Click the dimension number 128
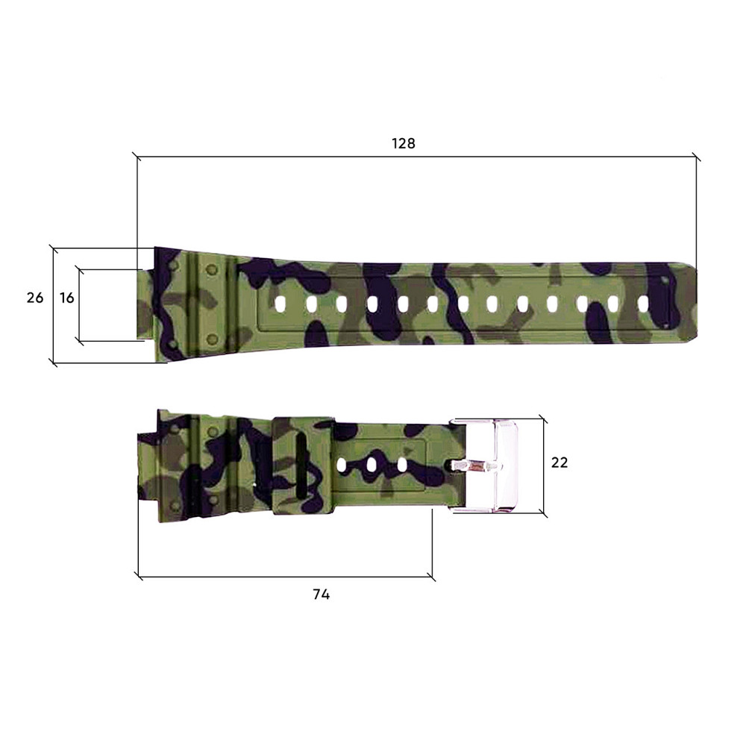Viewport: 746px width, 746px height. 404,143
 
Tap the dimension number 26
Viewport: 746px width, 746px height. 35,298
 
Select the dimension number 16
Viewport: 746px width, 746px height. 67,298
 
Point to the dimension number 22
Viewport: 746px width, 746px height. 559,463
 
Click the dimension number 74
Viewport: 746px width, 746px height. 321,595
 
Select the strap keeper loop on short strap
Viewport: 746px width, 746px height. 302,466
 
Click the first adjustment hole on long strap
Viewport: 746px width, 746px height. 280,304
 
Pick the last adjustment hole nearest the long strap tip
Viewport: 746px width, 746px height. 643,304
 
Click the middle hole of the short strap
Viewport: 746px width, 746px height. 371,465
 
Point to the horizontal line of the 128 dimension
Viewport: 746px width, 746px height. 418,157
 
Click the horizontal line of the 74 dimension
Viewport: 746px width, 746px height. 283,577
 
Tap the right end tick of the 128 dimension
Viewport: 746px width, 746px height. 697,157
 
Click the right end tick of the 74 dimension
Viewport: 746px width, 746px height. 431,577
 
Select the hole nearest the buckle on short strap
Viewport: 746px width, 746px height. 402,465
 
